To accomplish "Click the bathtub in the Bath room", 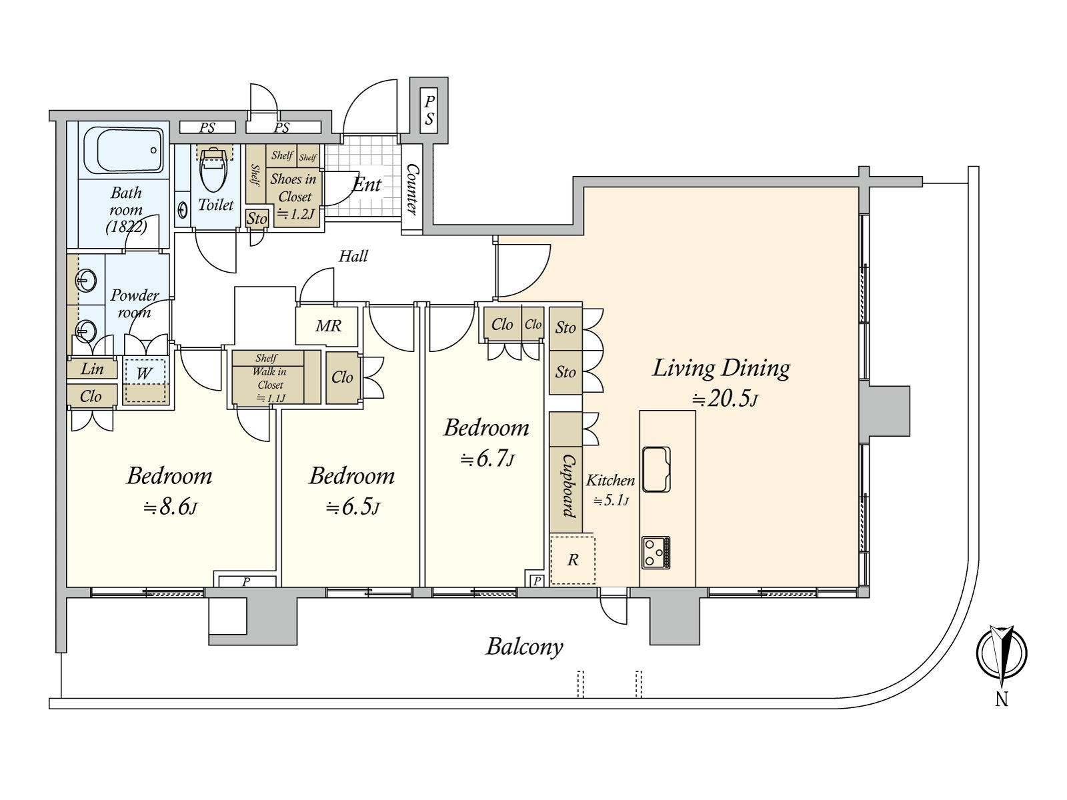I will (x=124, y=151).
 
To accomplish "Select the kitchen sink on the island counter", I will (x=656, y=469).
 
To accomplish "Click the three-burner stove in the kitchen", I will (x=656, y=552).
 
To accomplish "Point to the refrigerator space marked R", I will (x=572, y=560).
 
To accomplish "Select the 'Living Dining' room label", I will (x=721, y=368).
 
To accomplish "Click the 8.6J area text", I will (x=170, y=508).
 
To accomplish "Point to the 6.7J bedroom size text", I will (x=487, y=459).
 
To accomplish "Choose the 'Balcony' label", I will (x=525, y=646).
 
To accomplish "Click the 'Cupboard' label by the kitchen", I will (x=567, y=486).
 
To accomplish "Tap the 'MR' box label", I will (x=328, y=326).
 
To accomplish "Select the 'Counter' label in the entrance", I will (x=412, y=189).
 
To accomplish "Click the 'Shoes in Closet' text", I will (x=293, y=187).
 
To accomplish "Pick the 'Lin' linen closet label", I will (x=92, y=369).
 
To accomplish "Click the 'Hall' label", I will (x=353, y=256).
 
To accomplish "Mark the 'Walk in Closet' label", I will (x=269, y=379).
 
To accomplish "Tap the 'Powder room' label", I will (x=135, y=303).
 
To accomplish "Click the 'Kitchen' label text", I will (x=610, y=480).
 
